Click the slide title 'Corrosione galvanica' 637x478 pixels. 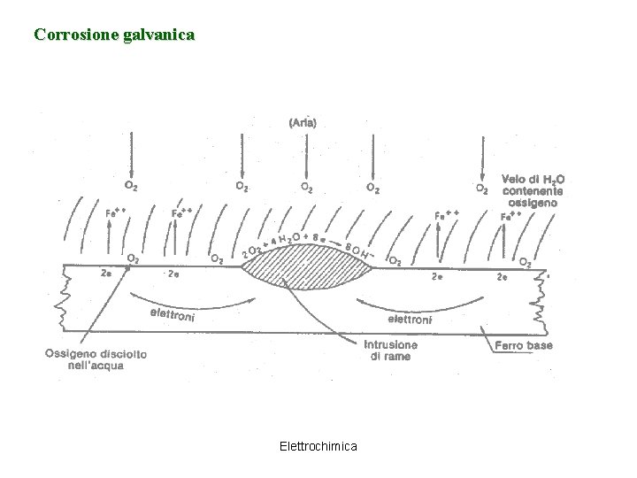click(x=114, y=35)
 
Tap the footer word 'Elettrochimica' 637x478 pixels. click(x=318, y=446)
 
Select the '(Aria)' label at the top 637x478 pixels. click(x=303, y=123)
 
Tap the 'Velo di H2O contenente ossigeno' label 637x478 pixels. click(x=533, y=190)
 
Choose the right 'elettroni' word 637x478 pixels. click(x=409, y=318)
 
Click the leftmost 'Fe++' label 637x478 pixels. click(x=115, y=212)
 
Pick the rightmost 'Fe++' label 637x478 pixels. click(x=510, y=215)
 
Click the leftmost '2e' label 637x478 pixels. click(x=107, y=274)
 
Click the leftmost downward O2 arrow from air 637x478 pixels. click(x=131, y=155)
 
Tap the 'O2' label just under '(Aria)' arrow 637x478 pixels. click(x=305, y=188)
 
